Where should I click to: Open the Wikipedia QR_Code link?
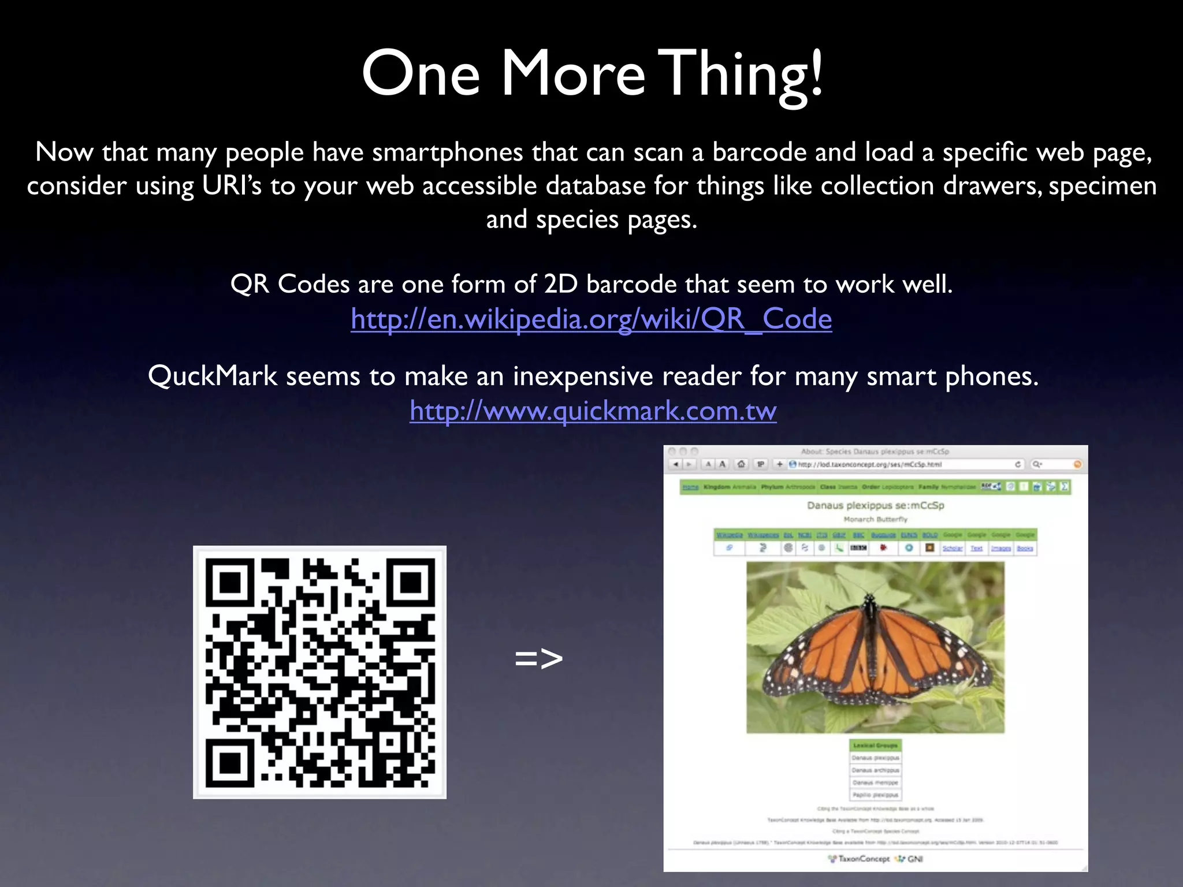(x=591, y=319)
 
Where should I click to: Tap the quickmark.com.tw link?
(x=593, y=411)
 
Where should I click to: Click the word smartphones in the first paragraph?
(x=448, y=152)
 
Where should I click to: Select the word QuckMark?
(x=213, y=377)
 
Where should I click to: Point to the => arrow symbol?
(x=538, y=658)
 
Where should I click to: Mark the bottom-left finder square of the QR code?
(x=230, y=762)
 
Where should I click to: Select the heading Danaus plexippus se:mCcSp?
(x=875, y=505)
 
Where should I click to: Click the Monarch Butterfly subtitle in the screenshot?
(x=875, y=519)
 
